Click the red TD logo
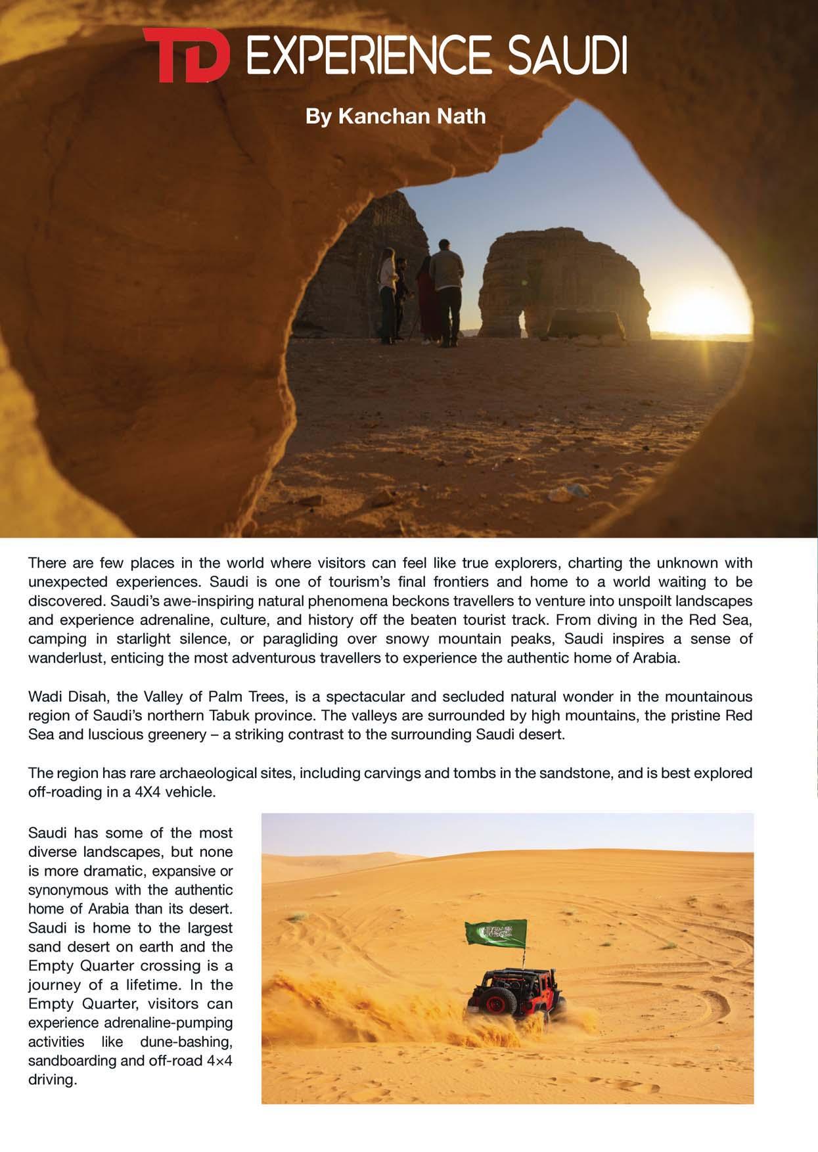pyautogui.click(x=186, y=55)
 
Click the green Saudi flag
pyautogui.click(x=496, y=933)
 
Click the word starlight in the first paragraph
pyautogui.click(x=143, y=639)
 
